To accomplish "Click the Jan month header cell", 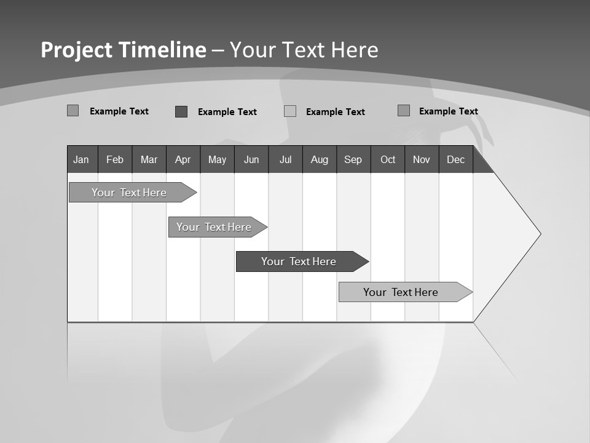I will coord(82,159).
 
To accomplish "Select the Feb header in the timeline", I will coord(115,159).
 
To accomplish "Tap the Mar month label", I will coord(149,159).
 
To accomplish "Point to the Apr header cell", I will coord(183,159).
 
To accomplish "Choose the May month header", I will coord(217,159).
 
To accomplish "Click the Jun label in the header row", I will coord(251,159).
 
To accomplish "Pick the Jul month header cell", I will coord(285,159).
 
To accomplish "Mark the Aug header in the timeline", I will coord(320,159).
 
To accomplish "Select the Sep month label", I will coord(353,159).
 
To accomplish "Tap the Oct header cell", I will coord(388,159).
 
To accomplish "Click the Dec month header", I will coord(456,159).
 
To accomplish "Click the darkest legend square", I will coord(181,111).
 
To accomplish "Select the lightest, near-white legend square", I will coord(290,111).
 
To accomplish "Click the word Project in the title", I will coord(77,50).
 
